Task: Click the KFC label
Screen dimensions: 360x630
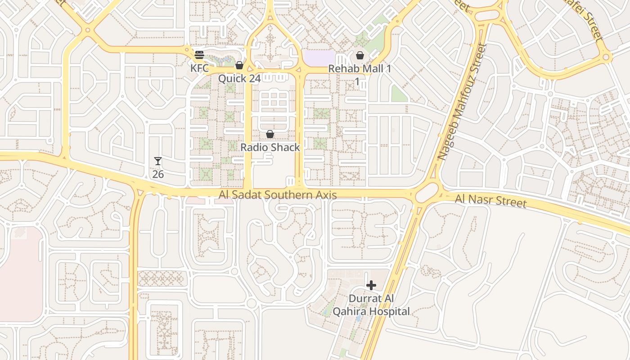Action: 199,68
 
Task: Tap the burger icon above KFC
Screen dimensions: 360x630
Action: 199,55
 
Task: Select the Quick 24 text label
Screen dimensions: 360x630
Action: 239,79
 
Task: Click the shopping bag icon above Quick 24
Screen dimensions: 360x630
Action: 239,66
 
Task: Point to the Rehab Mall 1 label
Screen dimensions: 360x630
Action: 360,69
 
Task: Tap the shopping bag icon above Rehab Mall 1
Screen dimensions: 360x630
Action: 360,56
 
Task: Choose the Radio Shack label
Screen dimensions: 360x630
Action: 270,147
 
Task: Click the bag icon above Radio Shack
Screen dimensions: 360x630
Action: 270,134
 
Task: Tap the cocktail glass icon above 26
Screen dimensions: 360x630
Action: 158,161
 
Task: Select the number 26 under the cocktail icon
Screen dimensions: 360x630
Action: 158,174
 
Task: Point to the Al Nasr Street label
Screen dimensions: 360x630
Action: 490,201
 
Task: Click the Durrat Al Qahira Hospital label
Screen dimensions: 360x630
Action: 371,305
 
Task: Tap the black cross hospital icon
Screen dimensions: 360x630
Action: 371,285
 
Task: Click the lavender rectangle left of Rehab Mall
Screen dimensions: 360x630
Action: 319,57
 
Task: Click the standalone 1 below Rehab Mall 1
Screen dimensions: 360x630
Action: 357,81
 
